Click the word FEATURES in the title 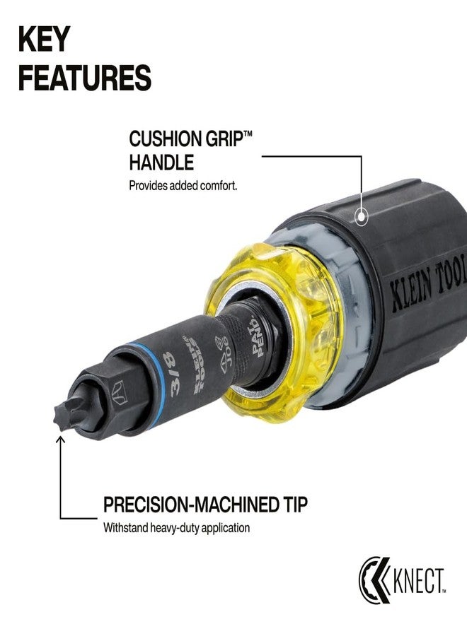(84, 78)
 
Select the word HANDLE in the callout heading (161, 163)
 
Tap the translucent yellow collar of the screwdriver (304, 332)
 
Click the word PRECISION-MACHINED (190, 505)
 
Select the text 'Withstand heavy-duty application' (176, 528)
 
